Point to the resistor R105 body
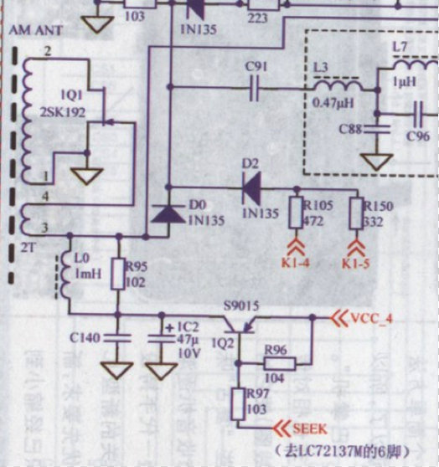[x=295, y=213]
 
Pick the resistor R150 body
[x=356, y=213]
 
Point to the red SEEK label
[x=309, y=428]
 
